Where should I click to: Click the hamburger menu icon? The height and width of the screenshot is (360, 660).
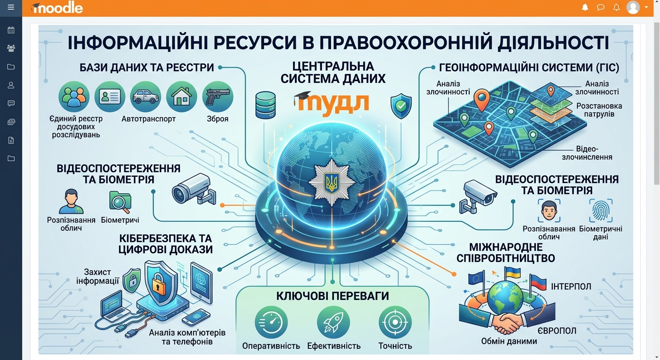[11, 7]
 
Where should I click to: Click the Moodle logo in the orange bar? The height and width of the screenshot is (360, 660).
[57, 8]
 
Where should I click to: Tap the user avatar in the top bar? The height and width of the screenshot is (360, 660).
[633, 7]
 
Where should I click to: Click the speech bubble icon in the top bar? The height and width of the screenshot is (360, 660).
[600, 7]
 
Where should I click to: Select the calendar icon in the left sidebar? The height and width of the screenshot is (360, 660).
[11, 30]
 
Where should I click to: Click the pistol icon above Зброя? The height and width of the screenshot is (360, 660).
[218, 97]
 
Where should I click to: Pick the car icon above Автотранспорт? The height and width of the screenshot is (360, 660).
[146, 97]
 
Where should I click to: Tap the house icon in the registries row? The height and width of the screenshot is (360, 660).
[181, 97]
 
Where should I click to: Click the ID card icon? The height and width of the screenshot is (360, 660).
[110, 97]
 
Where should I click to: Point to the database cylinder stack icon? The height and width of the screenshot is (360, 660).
[265, 105]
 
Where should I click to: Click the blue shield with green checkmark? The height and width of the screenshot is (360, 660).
[401, 106]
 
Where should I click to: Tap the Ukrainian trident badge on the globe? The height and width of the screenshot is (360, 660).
[332, 182]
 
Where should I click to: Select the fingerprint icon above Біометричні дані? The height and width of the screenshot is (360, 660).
[601, 210]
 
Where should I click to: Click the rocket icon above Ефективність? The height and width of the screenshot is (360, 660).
[333, 322]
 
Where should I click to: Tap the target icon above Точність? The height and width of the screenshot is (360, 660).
[395, 322]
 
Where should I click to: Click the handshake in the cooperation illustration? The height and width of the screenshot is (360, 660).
[506, 322]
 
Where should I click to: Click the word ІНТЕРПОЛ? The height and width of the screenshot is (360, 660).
[571, 286]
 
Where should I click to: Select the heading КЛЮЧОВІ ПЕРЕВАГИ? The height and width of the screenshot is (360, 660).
[332, 296]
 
